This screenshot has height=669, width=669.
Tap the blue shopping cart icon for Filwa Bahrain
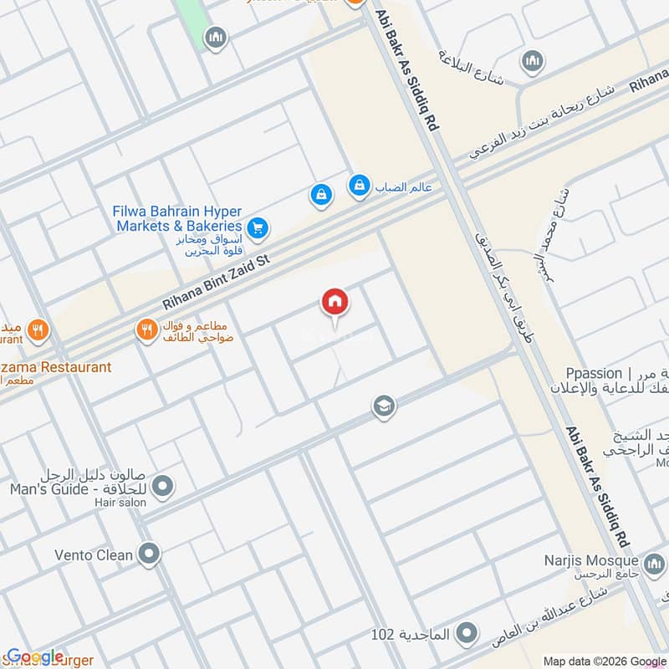point(258,226)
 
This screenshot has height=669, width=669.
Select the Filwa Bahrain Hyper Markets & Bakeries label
point(177,218)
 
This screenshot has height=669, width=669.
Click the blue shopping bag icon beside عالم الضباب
point(359,186)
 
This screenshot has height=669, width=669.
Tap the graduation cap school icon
point(384,406)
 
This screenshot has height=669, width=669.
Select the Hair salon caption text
point(121,503)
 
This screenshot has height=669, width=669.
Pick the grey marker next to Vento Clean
point(150,554)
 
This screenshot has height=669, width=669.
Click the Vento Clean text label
point(94,554)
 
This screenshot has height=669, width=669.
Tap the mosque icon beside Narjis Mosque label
point(653,560)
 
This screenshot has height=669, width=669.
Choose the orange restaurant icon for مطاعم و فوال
point(147,330)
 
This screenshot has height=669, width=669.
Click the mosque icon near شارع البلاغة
point(532,61)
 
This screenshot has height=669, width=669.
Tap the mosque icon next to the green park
point(217,38)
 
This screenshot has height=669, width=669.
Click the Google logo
point(35,656)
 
